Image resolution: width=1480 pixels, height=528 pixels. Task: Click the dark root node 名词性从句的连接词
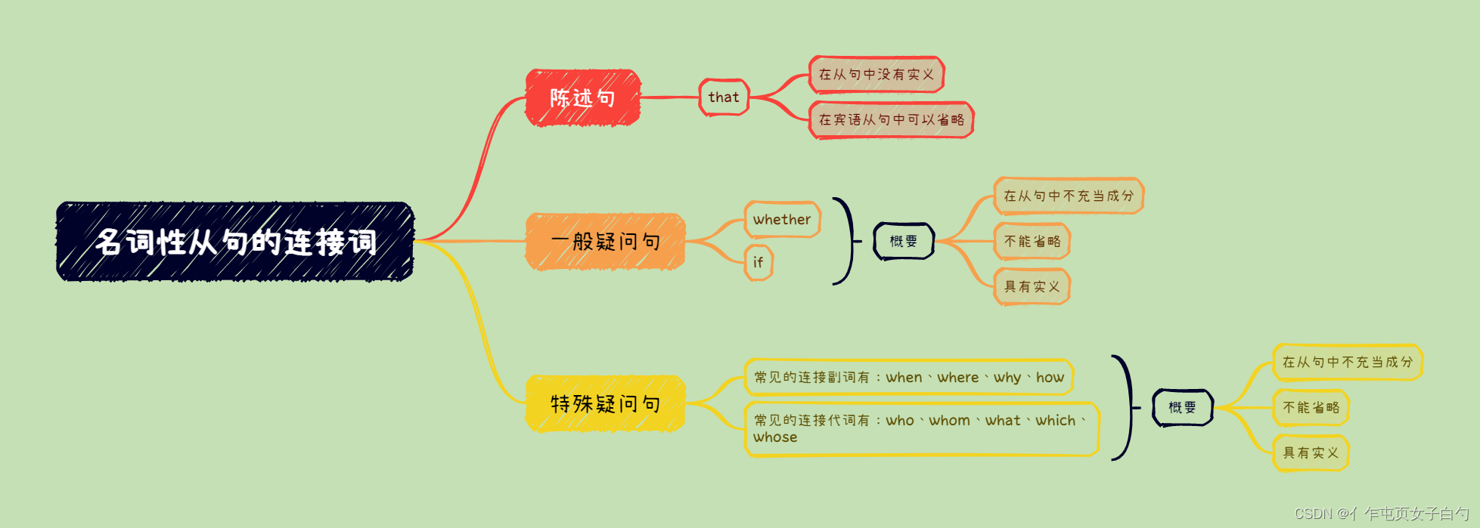point(235,242)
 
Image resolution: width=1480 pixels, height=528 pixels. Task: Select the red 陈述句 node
point(582,97)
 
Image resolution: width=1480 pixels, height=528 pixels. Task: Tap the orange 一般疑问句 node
point(605,241)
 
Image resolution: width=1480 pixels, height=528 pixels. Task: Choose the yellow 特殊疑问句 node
point(605,403)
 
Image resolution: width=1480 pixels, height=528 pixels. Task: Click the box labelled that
point(724,97)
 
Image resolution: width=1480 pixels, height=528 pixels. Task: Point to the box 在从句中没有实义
point(877,75)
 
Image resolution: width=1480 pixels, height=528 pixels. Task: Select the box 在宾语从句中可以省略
point(891,120)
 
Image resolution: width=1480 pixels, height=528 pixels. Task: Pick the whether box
point(782,220)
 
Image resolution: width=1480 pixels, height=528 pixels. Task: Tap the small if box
point(758,262)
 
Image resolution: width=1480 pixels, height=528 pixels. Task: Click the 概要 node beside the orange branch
point(904,241)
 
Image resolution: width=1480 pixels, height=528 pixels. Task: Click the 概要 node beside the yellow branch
point(1182,407)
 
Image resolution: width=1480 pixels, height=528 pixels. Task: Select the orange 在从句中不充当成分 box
point(1068,196)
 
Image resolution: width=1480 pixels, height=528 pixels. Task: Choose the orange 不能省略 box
point(1032,241)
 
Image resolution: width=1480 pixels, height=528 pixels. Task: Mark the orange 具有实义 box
point(1032,286)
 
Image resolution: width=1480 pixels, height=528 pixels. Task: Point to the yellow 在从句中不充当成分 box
point(1347,362)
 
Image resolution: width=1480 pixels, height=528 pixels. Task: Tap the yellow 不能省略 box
point(1311,407)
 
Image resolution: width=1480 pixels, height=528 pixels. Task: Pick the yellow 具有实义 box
point(1311,452)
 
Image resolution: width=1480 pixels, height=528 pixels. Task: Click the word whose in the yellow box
point(775,437)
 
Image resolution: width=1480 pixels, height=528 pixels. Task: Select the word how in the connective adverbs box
point(1050,377)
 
